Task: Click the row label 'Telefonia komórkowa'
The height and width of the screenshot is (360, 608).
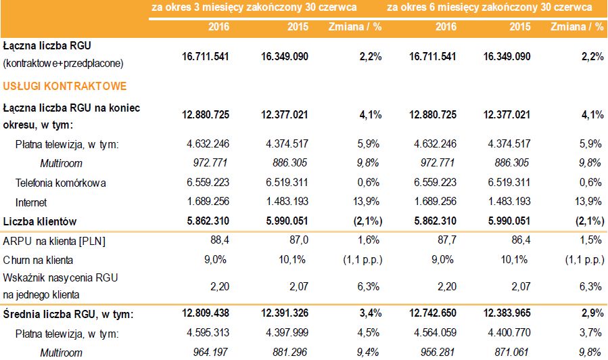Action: pyautogui.click(x=61, y=183)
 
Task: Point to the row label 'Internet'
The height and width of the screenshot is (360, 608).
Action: pyautogui.click(x=32, y=202)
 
